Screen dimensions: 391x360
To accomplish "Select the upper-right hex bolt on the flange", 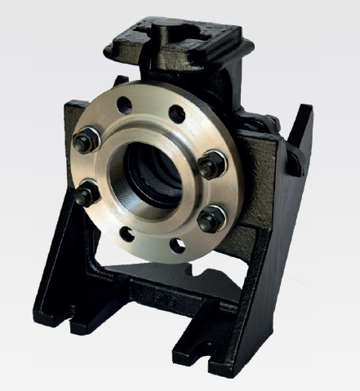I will click(x=210, y=166).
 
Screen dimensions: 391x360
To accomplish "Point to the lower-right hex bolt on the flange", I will click(x=210, y=219).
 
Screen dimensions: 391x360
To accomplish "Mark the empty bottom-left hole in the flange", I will click(x=127, y=234).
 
